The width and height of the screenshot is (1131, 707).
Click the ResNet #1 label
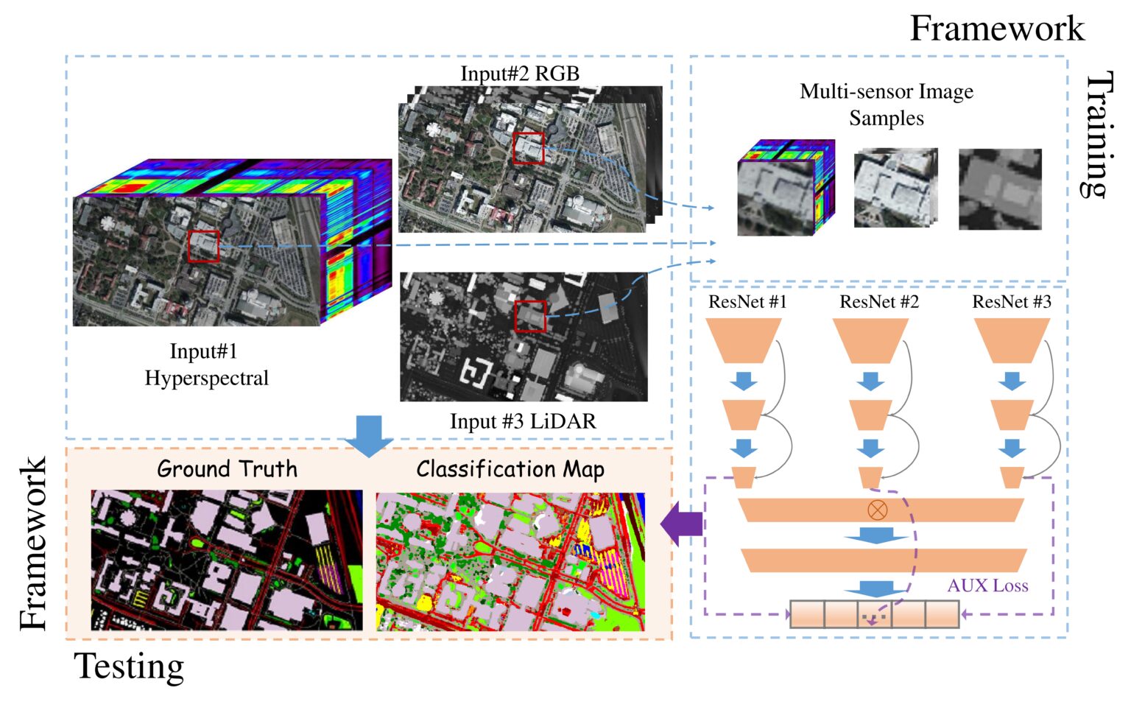pos(747,302)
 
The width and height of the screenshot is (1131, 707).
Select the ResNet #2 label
pos(879,302)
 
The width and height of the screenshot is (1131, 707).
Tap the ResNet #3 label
pos(1012,302)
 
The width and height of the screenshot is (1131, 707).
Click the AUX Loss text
pos(987,585)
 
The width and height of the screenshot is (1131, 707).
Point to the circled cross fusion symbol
pos(877,510)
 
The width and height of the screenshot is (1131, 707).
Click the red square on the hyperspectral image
pos(203,247)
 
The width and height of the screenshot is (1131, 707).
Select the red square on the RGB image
pos(529,148)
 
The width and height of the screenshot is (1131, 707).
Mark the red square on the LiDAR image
pos(530,316)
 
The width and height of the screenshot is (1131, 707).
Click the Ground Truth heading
pos(227,469)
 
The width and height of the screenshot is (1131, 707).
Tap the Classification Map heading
pos(510,469)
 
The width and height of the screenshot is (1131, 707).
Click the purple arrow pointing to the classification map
pos(681,525)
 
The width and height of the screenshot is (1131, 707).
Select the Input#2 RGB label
pos(520,74)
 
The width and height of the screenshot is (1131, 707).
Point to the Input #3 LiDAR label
pos(523,421)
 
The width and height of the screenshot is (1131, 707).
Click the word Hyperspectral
pos(206,378)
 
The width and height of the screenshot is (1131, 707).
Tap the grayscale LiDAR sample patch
pos(1000,189)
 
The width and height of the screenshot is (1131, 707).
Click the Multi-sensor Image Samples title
pos(887,105)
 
